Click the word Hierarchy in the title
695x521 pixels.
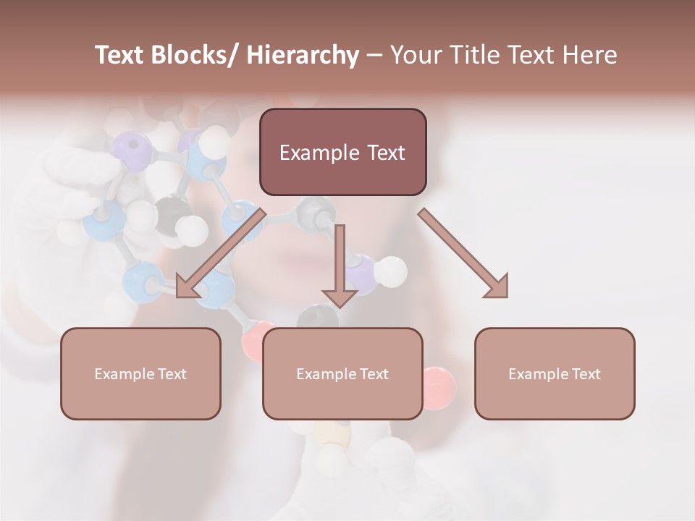pyautogui.click(x=303, y=56)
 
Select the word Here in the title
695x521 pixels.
pyautogui.click(x=591, y=56)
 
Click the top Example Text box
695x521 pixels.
pyautogui.click(x=342, y=152)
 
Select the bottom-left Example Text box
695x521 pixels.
pyautogui.click(x=140, y=373)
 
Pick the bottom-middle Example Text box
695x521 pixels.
pyautogui.click(x=342, y=373)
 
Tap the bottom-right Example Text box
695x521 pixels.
pyautogui.click(x=555, y=373)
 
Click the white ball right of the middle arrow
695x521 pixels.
pyautogui.click(x=392, y=271)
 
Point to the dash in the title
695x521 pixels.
pyautogui.click(x=374, y=56)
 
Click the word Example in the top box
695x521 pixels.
pyautogui.click(x=319, y=153)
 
